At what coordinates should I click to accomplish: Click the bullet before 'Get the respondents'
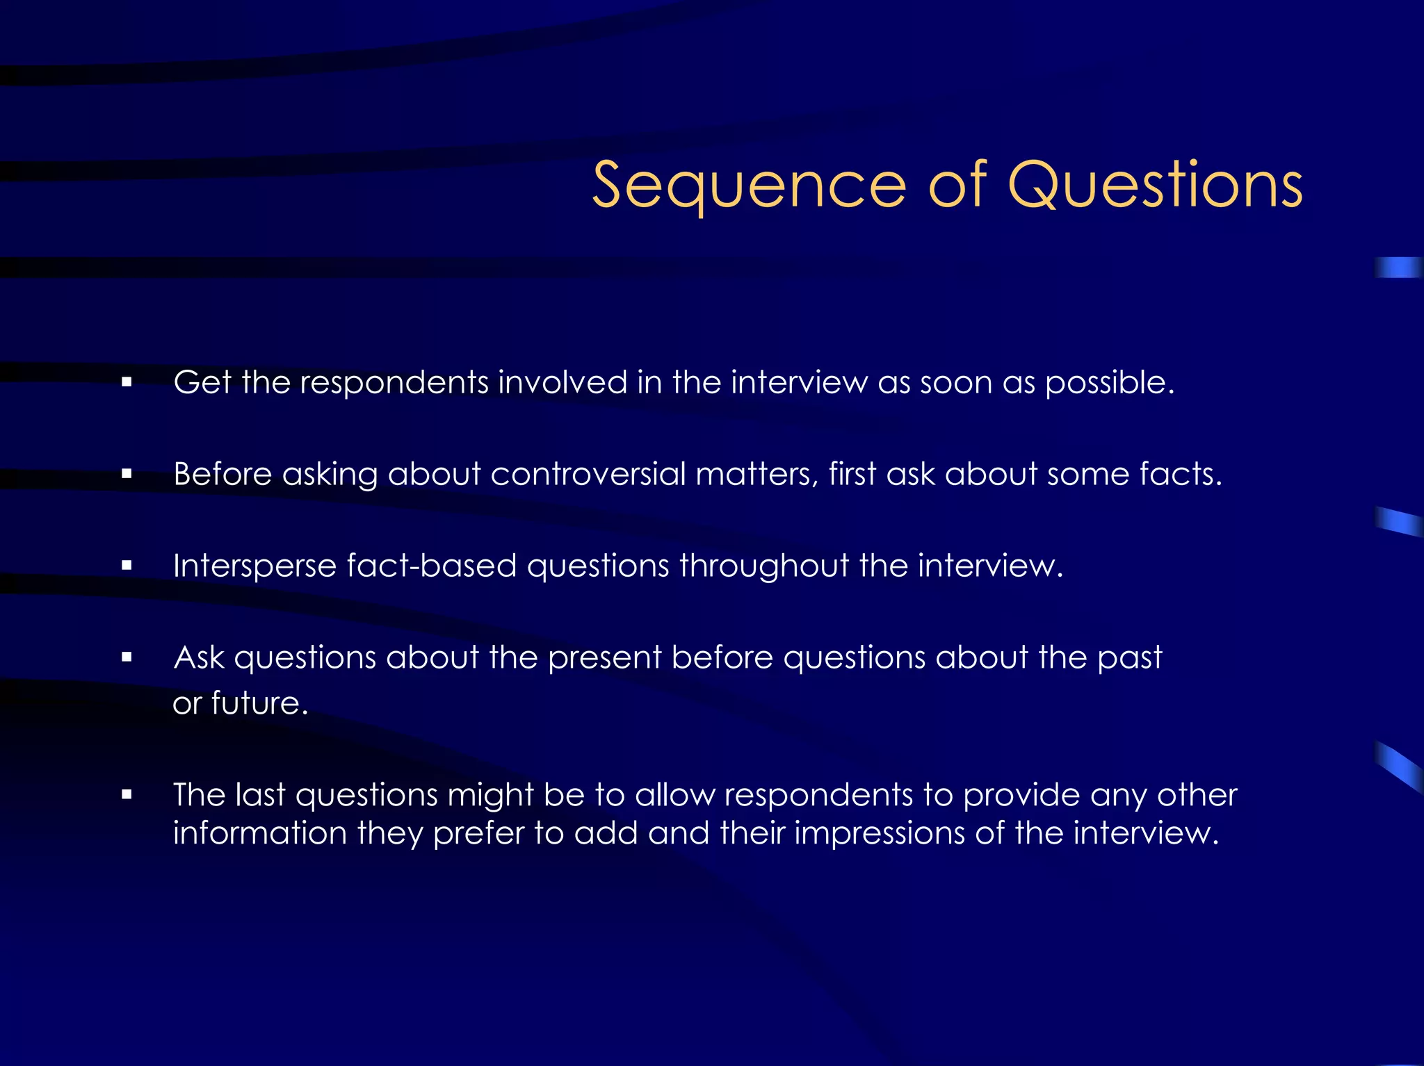coord(127,382)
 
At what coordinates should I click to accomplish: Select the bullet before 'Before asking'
coord(127,474)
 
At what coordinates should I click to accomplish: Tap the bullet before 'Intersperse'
coord(127,566)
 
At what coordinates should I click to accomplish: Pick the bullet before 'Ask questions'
coord(127,657)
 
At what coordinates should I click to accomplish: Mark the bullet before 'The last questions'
coord(127,794)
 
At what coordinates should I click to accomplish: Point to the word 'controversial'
coord(588,474)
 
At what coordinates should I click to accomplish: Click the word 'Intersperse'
coord(254,566)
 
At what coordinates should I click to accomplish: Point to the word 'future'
coord(258,703)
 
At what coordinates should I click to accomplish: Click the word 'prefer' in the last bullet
coord(478,833)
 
